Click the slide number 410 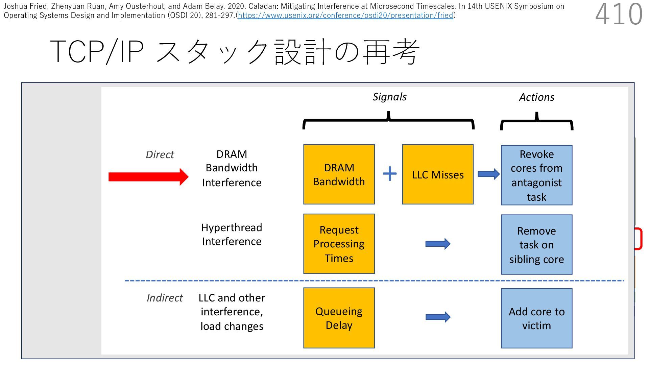pyautogui.click(x=619, y=15)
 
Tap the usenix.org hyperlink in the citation pyautogui.click(x=345, y=16)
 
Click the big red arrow pyautogui.click(x=148, y=177)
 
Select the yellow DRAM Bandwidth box pyautogui.click(x=339, y=174)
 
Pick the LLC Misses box pyautogui.click(x=438, y=174)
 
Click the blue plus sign pyautogui.click(x=390, y=174)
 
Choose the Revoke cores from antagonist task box pyautogui.click(x=536, y=175)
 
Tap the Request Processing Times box pyautogui.click(x=339, y=244)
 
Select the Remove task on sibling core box pyautogui.click(x=536, y=244)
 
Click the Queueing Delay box pyautogui.click(x=339, y=318)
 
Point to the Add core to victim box pyautogui.click(x=536, y=318)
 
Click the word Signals pyautogui.click(x=389, y=97)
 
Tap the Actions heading pyautogui.click(x=536, y=97)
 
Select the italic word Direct pyautogui.click(x=160, y=154)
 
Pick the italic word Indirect pyautogui.click(x=165, y=298)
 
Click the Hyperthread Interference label pyautogui.click(x=232, y=234)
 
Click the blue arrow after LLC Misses pyautogui.click(x=488, y=174)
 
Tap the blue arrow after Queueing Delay pyautogui.click(x=438, y=317)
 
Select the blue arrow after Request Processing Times pyautogui.click(x=438, y=244)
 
